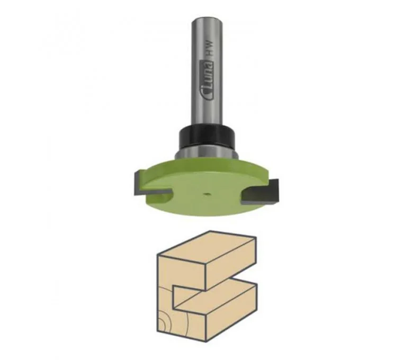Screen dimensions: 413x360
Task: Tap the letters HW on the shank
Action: tap(210, 50)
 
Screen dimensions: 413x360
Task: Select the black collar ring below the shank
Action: tap(206, 138)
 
